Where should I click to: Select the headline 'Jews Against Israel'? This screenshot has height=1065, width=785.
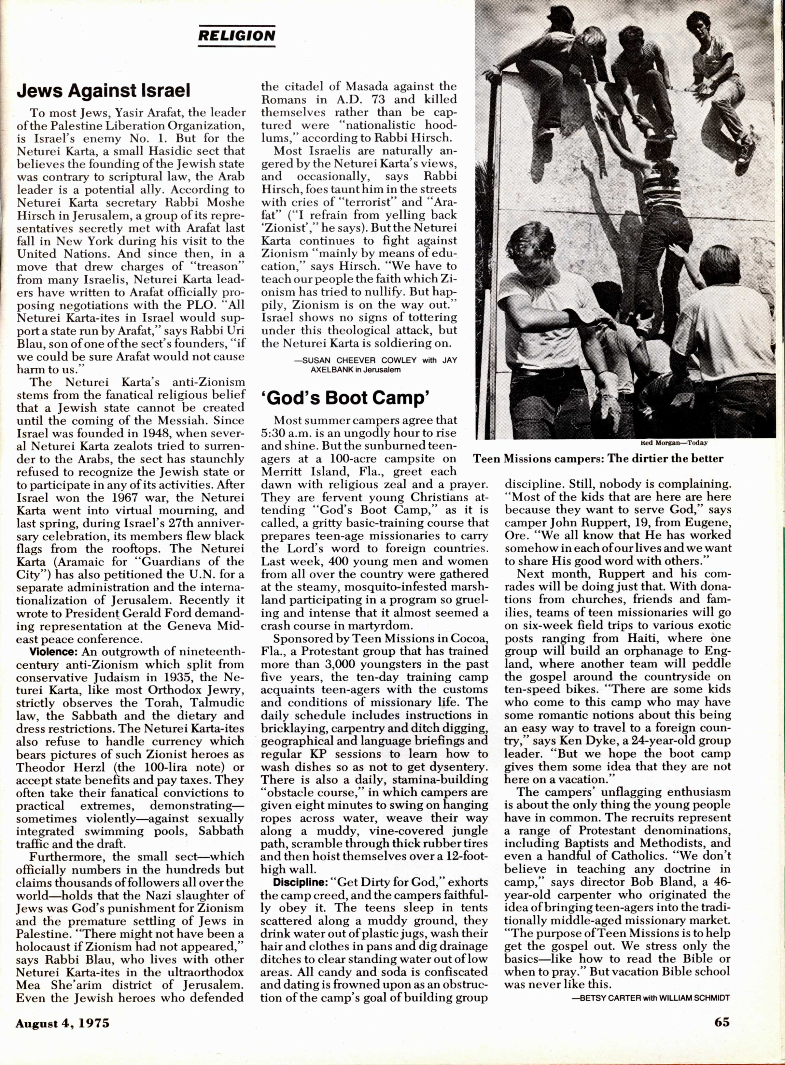click(x=104, y=90)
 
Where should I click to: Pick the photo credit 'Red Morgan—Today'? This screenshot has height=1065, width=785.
click(x=674, y=442)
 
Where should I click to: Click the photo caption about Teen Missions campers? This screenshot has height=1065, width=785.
click(x=598, y=459)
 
